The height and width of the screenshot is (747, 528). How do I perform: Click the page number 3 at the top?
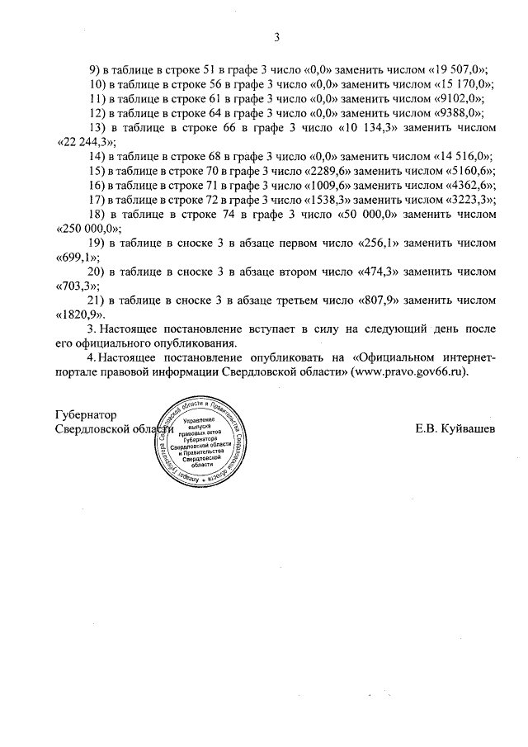point(277,37)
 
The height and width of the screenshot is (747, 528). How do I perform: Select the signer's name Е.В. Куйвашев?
point(456,429)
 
